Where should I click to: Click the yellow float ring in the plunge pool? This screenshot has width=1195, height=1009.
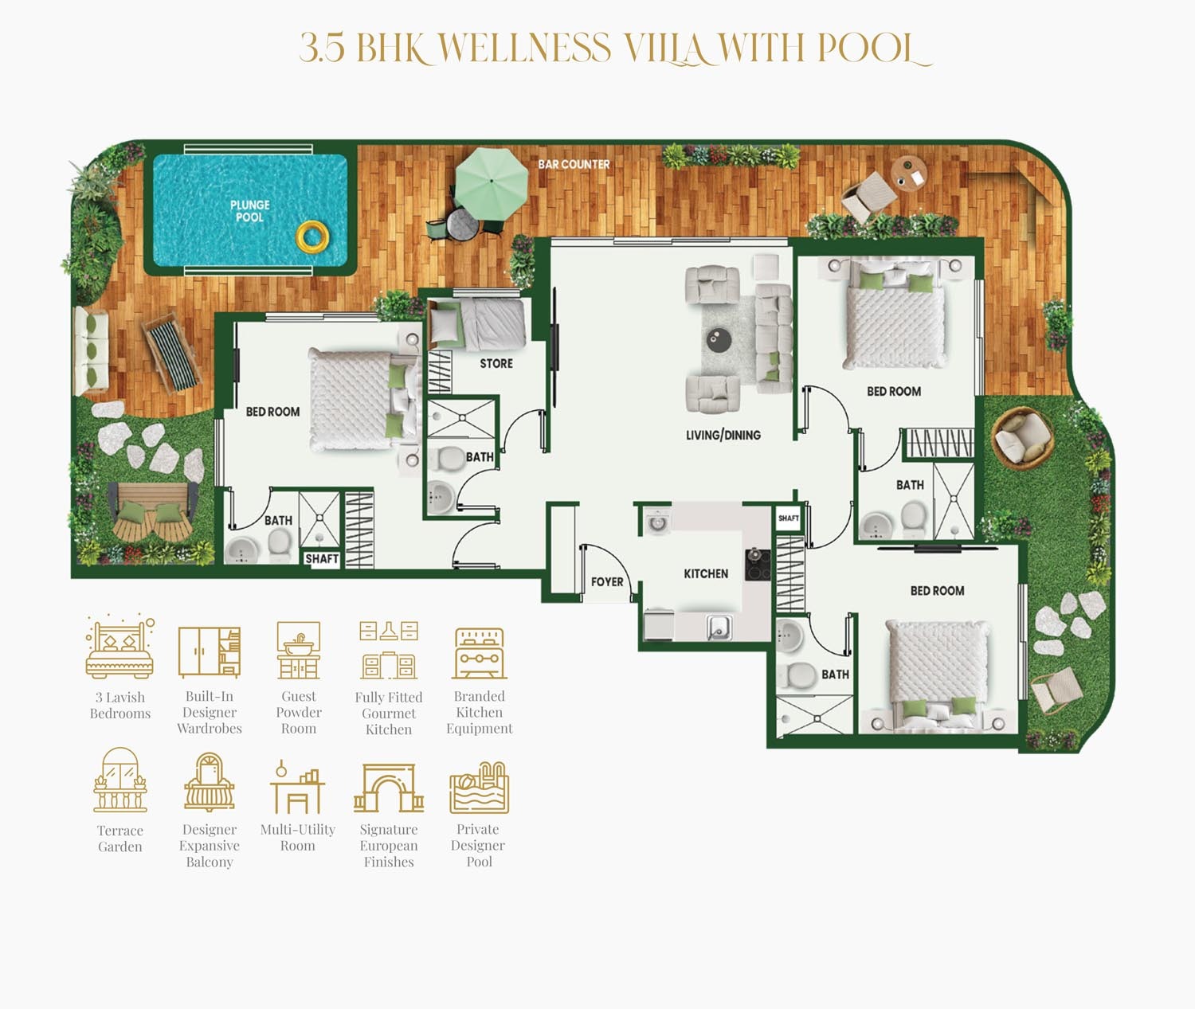312,236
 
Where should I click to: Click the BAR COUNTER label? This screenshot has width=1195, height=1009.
574,164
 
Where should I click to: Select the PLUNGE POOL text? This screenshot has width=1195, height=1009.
249,211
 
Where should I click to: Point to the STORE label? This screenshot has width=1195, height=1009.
496,363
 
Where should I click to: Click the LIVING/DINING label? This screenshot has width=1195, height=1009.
723,435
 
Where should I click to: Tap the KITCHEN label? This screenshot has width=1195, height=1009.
706,573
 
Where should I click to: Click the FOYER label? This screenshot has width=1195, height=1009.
607,582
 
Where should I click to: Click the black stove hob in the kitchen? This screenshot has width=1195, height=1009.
758,564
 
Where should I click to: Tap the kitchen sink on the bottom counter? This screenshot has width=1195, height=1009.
719,628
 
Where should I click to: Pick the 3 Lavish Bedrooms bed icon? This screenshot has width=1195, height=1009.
119,647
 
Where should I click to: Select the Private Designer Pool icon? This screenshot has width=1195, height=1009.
479,787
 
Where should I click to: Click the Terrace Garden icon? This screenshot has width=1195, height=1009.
120,780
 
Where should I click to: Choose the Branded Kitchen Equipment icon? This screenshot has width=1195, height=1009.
480,652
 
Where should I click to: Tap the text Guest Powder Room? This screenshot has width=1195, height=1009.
299,712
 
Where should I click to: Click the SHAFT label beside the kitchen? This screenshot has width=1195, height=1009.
789,518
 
